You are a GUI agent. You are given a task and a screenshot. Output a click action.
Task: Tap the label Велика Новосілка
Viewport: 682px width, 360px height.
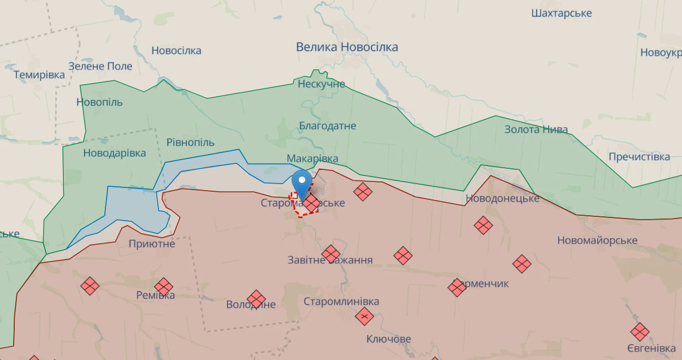(347, 48)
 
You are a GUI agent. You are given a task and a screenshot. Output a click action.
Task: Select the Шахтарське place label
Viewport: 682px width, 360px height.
(561, 13)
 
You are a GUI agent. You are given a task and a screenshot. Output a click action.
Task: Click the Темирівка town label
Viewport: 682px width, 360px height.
(39, 75)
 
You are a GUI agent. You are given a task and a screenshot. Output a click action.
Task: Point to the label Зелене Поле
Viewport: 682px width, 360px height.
(101, 66)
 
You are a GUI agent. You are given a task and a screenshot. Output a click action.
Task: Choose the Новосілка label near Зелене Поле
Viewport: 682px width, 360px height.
(176, 51)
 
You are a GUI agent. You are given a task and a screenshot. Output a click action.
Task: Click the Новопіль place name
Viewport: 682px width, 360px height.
(99, 102)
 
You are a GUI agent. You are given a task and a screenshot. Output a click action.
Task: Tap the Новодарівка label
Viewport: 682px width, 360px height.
(114, 153)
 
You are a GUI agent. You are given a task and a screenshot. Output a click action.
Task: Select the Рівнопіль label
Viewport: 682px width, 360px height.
(190, 142)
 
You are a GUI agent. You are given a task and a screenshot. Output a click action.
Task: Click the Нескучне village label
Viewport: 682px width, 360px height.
(321, 84)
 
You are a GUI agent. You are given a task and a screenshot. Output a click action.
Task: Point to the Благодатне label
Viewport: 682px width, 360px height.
(327, 126)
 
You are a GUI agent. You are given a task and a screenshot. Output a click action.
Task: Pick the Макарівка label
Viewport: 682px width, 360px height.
(313, 159)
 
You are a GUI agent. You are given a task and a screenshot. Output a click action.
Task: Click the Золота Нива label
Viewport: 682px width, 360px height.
(536, 130)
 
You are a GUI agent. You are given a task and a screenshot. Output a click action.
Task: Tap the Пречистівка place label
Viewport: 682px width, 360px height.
(639, 157)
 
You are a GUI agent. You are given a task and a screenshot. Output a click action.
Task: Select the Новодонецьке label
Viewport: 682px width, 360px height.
(502, 198)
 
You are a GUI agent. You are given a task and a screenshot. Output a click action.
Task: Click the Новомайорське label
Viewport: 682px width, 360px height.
(597, 241)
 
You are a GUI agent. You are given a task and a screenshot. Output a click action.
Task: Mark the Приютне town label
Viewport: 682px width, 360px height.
(152, 244)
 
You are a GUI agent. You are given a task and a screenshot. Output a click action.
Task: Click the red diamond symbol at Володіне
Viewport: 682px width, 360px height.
(256, 299)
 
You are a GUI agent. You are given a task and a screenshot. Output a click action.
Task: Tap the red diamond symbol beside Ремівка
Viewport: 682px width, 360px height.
(163, 286)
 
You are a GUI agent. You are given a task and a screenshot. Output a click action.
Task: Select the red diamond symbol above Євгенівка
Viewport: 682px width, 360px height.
(639, 332)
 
